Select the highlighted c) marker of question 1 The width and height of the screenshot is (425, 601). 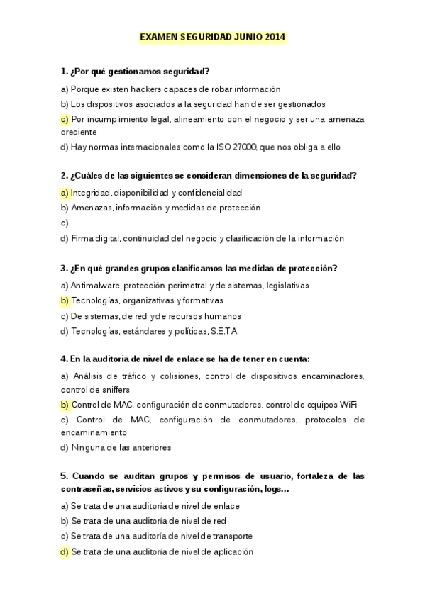tap(65, 119)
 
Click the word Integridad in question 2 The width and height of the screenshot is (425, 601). tap(90, 193)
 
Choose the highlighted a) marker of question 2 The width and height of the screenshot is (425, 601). tap(65, 193)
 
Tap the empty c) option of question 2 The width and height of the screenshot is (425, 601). tap(65, 223)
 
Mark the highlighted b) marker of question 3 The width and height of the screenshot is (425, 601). tap(65, 300)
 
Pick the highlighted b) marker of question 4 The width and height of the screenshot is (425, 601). tap(65, 405)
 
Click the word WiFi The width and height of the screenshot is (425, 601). tap(348, 405)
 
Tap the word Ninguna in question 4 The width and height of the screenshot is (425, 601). tap(87, 448)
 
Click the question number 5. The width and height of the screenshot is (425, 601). tap(64, 476)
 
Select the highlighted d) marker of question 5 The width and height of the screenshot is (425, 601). tap(65, 552)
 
